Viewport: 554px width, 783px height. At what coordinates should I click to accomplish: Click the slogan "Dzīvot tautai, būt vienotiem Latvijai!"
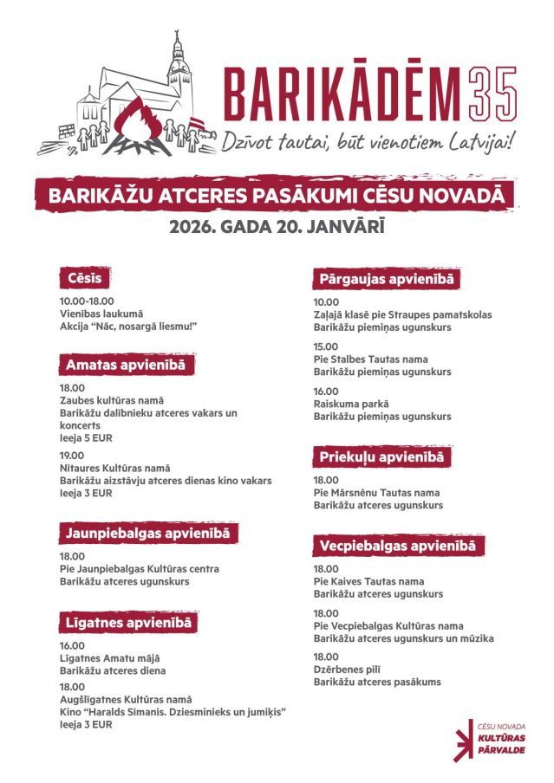point(368,140)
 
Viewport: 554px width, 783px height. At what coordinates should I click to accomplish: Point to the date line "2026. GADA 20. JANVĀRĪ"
point(277,228)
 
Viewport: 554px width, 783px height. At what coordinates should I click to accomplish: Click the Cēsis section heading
point(86,278)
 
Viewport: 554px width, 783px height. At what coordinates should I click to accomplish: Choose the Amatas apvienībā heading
point(125,365)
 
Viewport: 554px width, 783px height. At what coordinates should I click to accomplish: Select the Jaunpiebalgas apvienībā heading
point(148,533)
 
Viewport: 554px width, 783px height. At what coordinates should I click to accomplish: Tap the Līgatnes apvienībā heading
point(128,622)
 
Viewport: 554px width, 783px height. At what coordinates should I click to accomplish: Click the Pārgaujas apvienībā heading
point(387,279)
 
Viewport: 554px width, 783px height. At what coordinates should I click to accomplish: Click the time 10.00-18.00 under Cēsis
point(87,301)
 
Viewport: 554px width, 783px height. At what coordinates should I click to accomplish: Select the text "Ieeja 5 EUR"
point(86,438)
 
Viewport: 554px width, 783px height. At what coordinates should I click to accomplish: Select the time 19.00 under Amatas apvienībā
point(72,455)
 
